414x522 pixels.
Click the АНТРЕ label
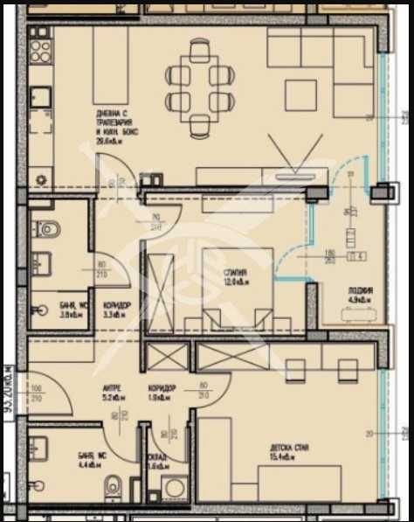(x=112, y=386)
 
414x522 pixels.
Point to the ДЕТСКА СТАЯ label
(x=287, y=449)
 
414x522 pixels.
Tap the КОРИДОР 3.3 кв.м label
(x=117, y=304)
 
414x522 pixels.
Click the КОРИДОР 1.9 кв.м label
(x=161, y=386)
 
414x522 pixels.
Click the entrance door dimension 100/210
(x=36, y=393)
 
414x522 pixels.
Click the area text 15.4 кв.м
(x=287, y=458)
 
